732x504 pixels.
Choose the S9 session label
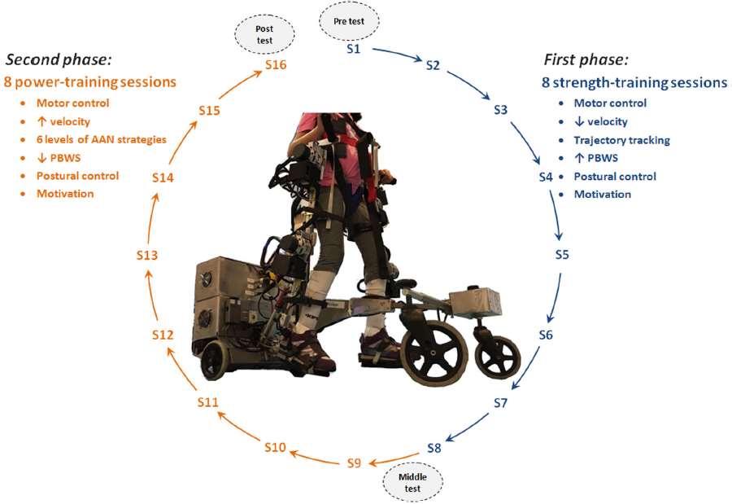pos(353,462)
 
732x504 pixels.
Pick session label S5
pos(562,255)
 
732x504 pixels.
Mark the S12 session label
pos(163,335)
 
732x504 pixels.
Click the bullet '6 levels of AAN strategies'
pos(101,139)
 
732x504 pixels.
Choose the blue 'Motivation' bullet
pos(602,194)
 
